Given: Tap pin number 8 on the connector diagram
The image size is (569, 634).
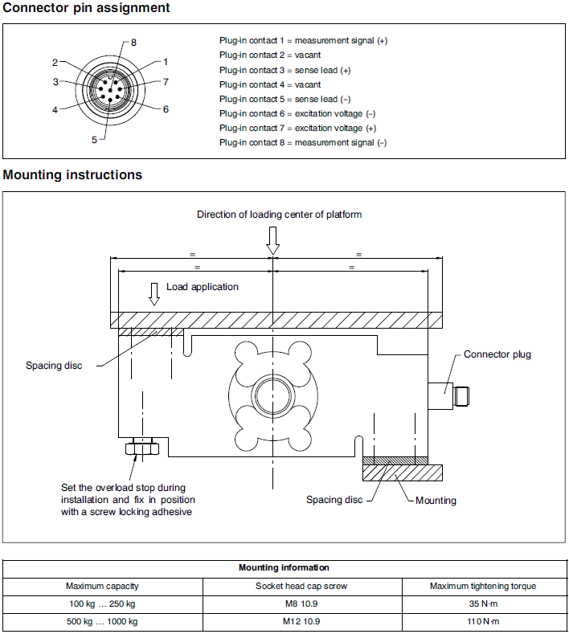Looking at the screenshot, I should (133, 42).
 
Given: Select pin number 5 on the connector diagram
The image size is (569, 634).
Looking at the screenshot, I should (94, 139).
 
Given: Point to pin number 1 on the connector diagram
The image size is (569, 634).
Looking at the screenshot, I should (165, 61).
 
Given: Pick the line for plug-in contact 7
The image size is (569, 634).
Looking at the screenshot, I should (297, 128).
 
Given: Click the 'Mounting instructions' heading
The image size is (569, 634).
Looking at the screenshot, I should (73, 174).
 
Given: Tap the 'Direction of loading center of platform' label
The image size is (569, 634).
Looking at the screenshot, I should (280, 214).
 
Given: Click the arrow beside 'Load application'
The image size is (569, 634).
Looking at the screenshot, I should (154, 292).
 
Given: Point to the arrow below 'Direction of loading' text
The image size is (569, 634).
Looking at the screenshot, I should (273, 239).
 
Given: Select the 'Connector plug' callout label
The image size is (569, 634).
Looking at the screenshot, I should (497, 354).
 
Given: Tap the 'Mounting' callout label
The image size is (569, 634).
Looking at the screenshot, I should (436, 501).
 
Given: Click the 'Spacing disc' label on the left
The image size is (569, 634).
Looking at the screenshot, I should (55, 366).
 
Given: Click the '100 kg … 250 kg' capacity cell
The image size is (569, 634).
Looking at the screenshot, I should (102, 603).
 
